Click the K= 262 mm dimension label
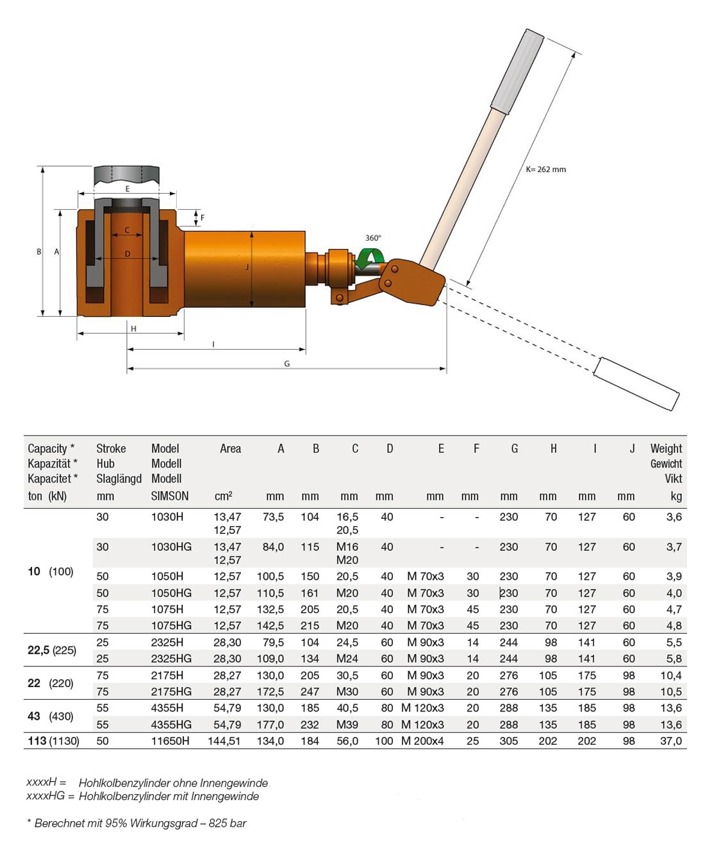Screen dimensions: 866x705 click(545, 169)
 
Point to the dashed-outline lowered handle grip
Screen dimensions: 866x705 click(636, 383)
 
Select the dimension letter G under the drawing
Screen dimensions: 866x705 click(286, 364)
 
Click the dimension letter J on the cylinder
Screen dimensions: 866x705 click(247, 267)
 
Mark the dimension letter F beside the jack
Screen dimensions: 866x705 click(203, 218)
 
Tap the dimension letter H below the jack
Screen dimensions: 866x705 click(133, 329)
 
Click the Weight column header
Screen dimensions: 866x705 click(666, 448)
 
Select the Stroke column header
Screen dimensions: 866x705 click(111, 448)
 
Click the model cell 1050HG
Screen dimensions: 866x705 click(171, 593)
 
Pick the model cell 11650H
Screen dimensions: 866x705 click(170, 741)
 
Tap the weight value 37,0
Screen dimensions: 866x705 click(670, 741)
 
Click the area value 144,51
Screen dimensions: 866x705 click(224, 741)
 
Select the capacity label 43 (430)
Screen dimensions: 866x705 click(51, 716)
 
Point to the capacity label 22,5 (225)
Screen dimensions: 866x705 click(52, 650)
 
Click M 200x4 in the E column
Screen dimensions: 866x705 click(422, 741)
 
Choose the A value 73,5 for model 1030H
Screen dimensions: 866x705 click(273, 516)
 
